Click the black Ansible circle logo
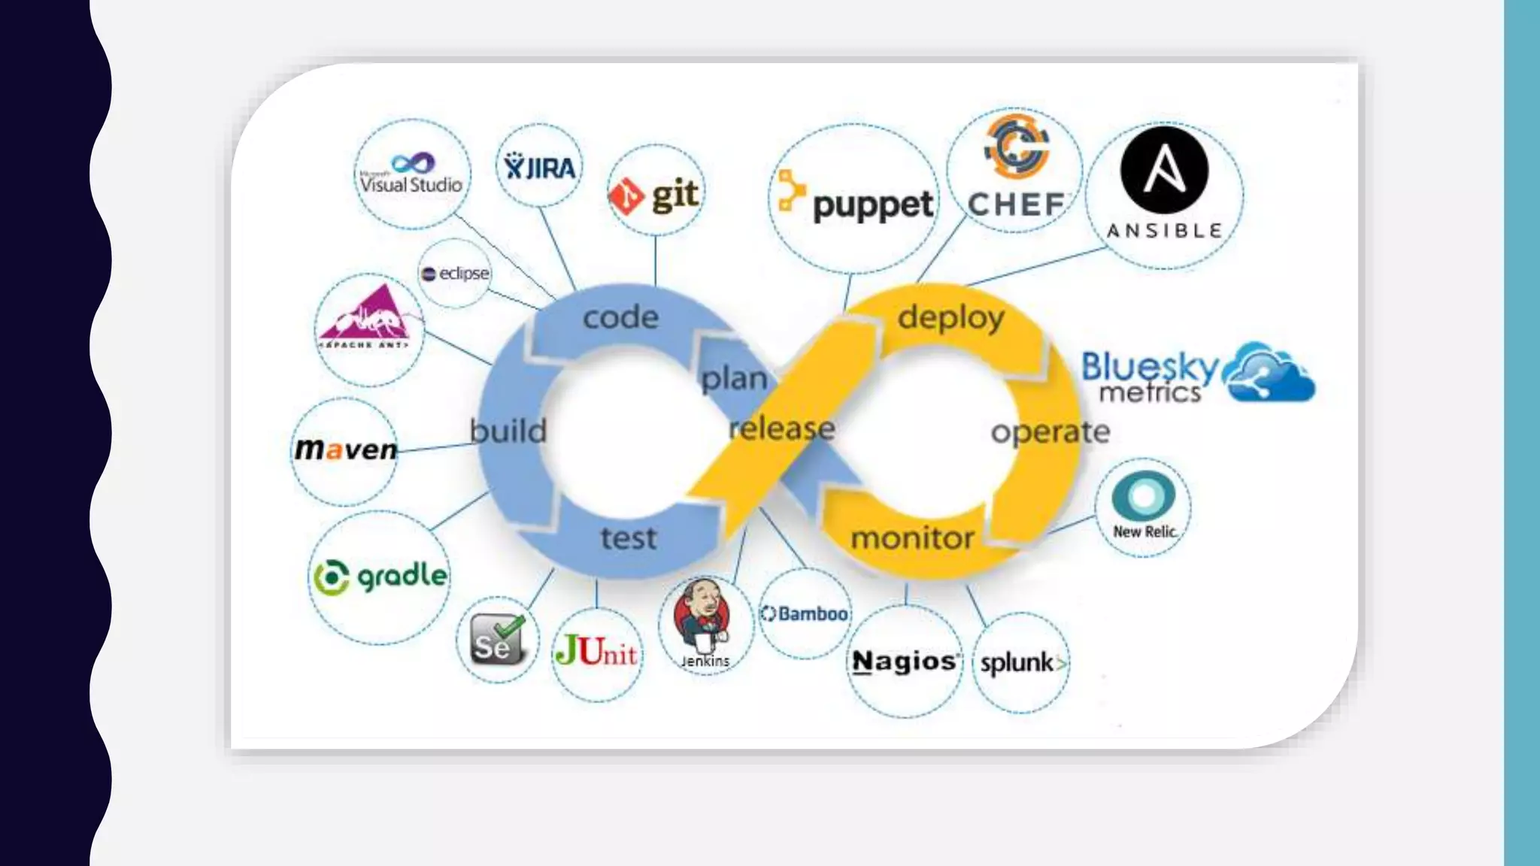[1164, 171]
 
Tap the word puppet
[873, 205]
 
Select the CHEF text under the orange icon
[1016, 204]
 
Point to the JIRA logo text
[540, 168]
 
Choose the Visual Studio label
[411, 184]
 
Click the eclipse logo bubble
[456, 274]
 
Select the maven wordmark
[346, 450]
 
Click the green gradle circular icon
[331, 577]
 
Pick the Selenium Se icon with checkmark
[497, 640]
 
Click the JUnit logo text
[596, 652]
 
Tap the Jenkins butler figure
[703, 616]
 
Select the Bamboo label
[805, 614]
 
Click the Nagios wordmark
[905, 662]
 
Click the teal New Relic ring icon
[1143, 495]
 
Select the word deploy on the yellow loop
[950, 317]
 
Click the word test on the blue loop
[629, 538]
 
